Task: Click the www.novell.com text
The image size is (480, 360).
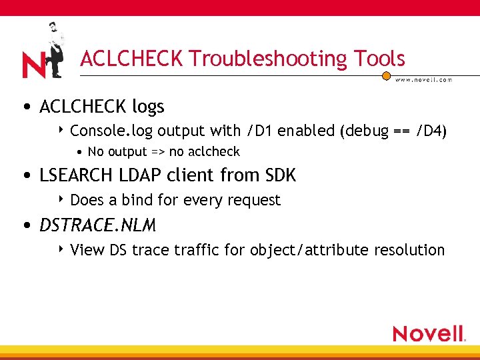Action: tap(423, 80)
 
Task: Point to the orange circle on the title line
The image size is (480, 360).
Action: tap(386, 76)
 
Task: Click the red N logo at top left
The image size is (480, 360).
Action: tap(33, 65)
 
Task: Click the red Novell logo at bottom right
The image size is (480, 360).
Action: tap(429, 333)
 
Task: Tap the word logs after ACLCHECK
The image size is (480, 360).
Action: tap(147, 107)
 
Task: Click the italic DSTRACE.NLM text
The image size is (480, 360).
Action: tap(97, 226)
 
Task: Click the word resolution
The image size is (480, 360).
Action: tap(409, 250)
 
